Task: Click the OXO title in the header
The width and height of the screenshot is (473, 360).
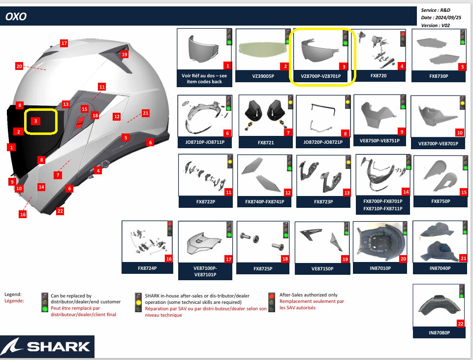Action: point(16,17)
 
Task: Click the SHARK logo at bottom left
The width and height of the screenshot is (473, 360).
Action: point(47,346)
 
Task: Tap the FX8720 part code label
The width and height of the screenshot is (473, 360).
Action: point(378,76)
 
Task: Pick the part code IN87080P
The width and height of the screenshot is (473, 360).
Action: point(439,333)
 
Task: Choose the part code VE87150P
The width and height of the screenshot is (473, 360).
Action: point(322,269)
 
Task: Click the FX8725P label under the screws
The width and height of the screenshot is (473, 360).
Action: point(263,269)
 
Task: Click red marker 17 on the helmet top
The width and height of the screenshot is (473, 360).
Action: point(64,43)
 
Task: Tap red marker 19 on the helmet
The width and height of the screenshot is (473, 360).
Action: point(125,54)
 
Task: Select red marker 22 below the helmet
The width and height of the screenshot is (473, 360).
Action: point(60,211)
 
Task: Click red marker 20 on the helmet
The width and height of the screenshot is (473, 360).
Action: point(20,66)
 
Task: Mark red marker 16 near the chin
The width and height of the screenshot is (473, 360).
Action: point(23,214)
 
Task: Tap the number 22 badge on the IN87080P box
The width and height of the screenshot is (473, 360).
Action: point(460,324)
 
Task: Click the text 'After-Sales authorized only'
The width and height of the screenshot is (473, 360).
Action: point(309,295)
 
